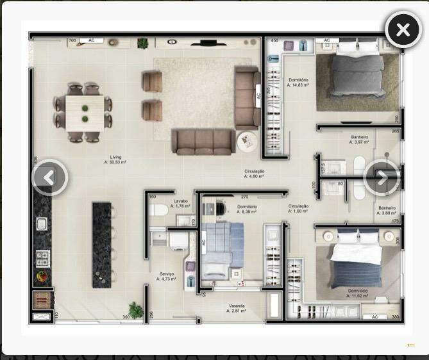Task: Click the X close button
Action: tap(403, 29)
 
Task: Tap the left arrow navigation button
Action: tap(49, 177)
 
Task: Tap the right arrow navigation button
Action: tap(382, 177)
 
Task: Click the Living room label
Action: tap(115, 160)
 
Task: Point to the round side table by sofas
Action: tap(247, 141)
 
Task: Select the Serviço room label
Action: tap(167, 276)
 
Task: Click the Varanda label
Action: tap(237, 308)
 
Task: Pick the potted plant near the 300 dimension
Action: tap(136, 310)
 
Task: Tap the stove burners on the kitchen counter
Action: tap(43, 258)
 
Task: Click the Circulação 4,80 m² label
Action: tap(254, 174)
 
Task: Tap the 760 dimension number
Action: tap(72, 40)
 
